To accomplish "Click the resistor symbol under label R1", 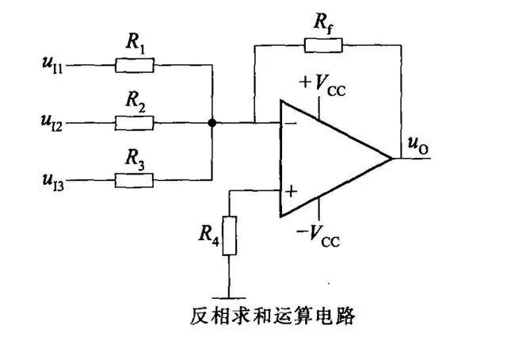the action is click(135, 65).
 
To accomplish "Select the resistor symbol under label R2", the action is click(134, 123).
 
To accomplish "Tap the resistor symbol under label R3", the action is click(134, 180).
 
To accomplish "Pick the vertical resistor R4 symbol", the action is click(229, 236).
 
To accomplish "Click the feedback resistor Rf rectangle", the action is click(323, 45).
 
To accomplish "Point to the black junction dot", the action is click(212, 123).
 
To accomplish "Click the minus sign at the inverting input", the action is click(292, 123).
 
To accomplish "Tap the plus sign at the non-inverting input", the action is click(291, 191).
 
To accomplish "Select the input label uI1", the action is click(52, 65).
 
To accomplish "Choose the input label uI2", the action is click(51, 123).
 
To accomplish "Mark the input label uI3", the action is click(53, 182).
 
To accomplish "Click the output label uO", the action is click(418, 145).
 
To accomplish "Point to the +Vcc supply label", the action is click(322, 85).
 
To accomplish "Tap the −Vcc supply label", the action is click(318, 236).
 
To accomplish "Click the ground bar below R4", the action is click(229, 298).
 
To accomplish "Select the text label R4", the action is click(209, 236).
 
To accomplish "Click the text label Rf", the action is click(323, 24).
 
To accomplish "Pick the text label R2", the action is click(135, 101).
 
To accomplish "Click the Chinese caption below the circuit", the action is click(273, 316).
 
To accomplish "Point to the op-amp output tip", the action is click(392, 159).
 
